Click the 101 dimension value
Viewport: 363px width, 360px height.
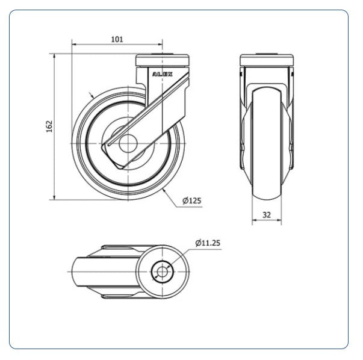tap(117, 39)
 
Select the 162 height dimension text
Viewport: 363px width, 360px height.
tap(49, 126)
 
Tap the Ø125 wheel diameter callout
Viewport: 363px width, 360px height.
tap(191, 200)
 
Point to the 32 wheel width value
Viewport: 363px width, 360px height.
tap(267, 215)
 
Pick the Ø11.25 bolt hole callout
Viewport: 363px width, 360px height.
tap(208, 243)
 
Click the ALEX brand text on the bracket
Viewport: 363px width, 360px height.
tap(163, 74)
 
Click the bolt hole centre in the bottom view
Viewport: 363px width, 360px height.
tap(163, 272)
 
